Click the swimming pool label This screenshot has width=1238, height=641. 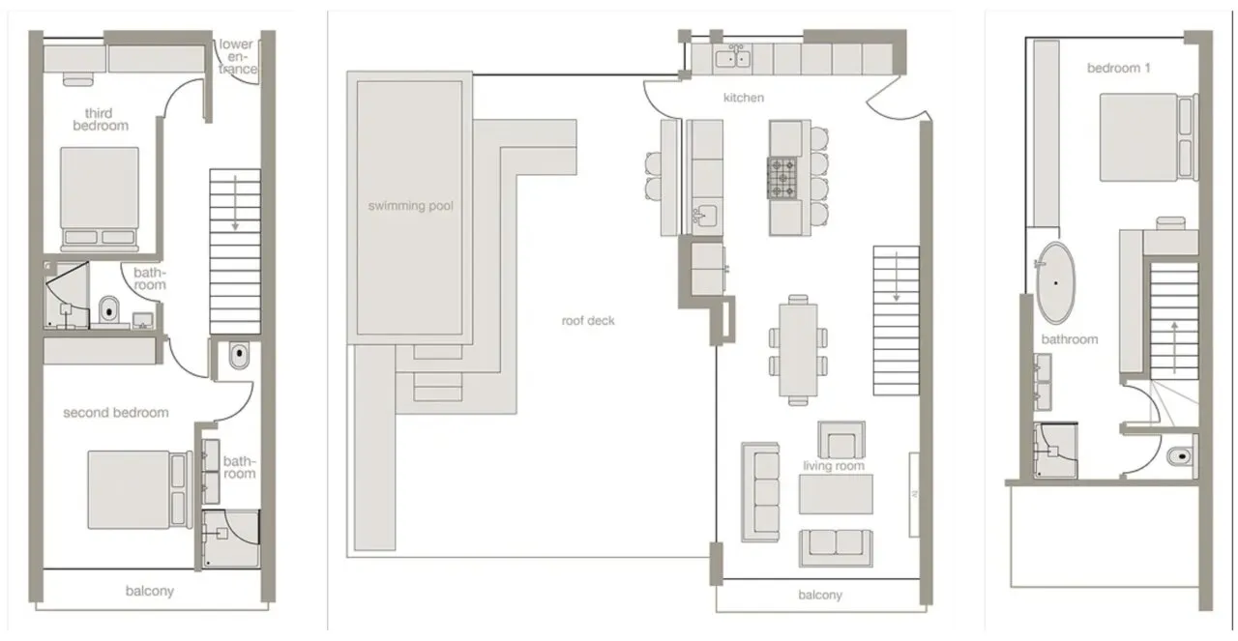coord(411,206)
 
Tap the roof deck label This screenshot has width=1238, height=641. coord(588,321)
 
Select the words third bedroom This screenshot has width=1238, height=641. coord(100,119)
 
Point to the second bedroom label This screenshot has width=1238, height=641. coord(115,413)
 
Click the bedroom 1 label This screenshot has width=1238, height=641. coord(1119,68)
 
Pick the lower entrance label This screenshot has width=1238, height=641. coord(238,56)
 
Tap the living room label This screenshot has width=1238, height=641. coord(834,466)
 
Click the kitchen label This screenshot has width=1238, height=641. coord(744,98)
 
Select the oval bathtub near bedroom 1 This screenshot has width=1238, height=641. coord(1055,282)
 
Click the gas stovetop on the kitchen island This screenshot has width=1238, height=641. coord(782,178)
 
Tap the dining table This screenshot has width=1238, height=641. coord(798,349)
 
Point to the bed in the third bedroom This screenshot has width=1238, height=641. coord(100,198)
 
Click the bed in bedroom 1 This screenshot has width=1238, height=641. coord(1148,137)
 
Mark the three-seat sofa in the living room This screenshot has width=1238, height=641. coord(761,492)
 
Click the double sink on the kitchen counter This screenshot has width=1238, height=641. coord(733,58)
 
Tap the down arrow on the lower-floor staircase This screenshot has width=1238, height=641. coord(235,203)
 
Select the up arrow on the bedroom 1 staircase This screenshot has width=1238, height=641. coord(1174,349)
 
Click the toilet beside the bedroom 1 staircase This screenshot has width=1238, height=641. coord(1181,456)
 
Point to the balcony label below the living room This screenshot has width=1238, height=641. coord(820,596)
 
